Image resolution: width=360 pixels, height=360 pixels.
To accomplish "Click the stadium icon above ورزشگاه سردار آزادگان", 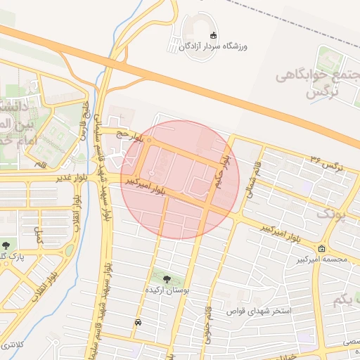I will (x=214, y=36).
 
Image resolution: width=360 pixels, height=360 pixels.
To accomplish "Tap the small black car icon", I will (x=137, y=323).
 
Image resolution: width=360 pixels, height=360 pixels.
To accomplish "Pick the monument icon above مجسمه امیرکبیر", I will (x=322, y=249).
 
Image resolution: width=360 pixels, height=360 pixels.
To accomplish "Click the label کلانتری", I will (x=13, y=345).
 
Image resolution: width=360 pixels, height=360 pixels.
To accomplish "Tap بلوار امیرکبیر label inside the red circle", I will (x=147, y=185).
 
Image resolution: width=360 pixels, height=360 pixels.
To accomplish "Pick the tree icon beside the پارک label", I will (x=6, y=245).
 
